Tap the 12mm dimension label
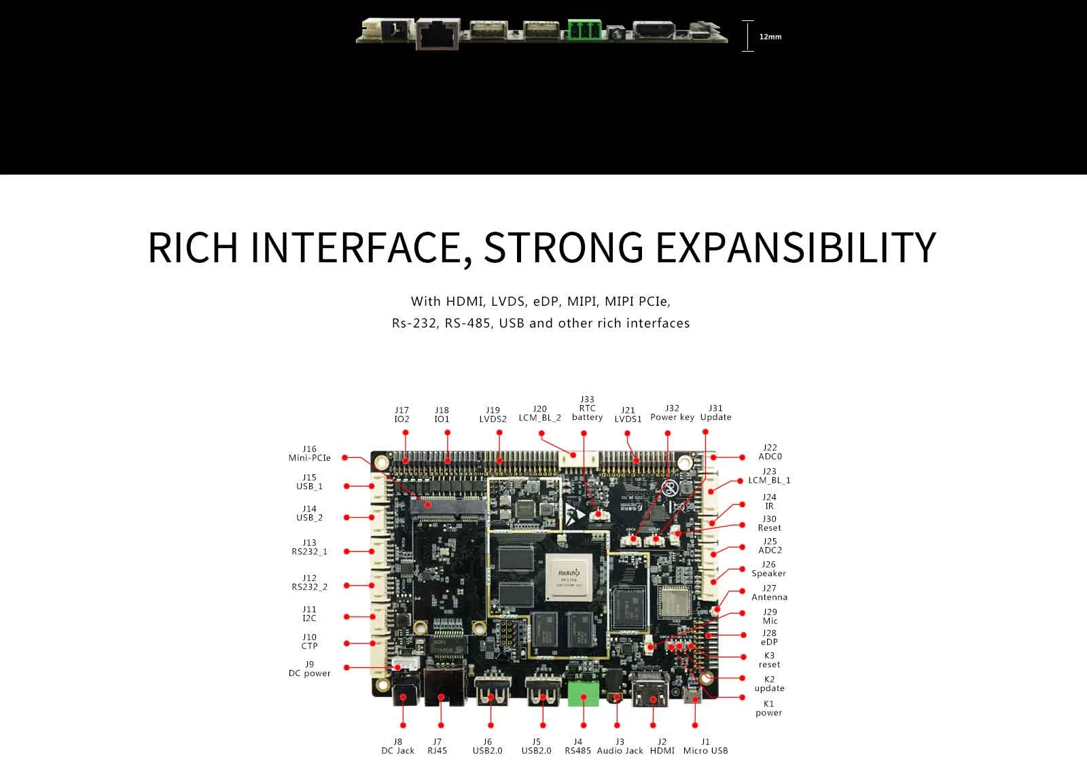[x=770, y=37]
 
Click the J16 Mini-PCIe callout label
[x=309, y=453]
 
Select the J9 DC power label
[x=309, y=669]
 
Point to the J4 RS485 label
[x=577, y=746]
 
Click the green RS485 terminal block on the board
[x=583, y=692]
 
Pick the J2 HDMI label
[x=662, y=746]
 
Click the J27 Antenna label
[x=769, y=593]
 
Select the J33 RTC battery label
[x=587, y=408]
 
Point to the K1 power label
[x=768, y=708]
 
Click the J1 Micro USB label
[x=705, y=746]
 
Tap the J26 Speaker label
[x=768, y=569]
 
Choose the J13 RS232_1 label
[x=309, y=547]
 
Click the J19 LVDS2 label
[x=493, y=414]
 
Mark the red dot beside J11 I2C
[x=346, y=616]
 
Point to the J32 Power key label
[x=672, y=412]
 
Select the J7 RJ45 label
[x=437, y=746]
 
